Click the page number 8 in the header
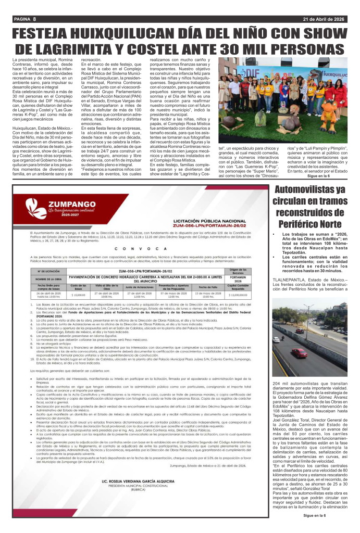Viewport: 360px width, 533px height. click(x=34, y=19)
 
